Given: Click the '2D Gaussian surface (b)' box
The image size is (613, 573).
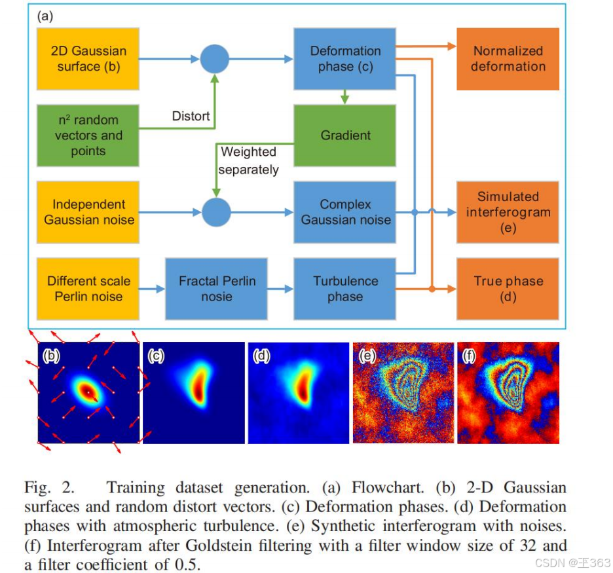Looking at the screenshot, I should (x=88, y=58).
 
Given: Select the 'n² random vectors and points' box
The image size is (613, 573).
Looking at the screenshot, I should (x=88, y=136).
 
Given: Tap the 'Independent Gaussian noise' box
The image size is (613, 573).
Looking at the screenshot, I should (x=88, y=212).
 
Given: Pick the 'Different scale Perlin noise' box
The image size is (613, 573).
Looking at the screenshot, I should (x=88, y=289).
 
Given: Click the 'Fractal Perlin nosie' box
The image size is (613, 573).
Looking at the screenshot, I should (x=217, y=289).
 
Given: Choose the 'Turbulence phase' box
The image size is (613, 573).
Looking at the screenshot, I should (x=345, y=289).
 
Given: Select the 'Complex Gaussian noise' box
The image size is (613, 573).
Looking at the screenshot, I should (x=345, y=212).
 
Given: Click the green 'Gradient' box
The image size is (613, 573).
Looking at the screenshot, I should (x=345, y=136).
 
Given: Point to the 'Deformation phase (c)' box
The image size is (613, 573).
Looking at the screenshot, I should (x=345, y=58).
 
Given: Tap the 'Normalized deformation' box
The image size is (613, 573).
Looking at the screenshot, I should (x=508, y=58).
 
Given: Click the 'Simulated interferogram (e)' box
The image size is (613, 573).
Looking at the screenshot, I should (x=508, y=212).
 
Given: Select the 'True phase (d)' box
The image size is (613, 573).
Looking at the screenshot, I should (x=508, y=289).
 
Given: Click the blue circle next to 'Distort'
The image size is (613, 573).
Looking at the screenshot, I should (x=214, y=59).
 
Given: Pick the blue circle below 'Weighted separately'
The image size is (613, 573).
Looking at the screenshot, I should (x=215, y=212).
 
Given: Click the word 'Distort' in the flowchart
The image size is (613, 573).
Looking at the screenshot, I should (x=191, y=116).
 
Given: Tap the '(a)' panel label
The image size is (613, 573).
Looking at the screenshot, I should (x=46, y=16).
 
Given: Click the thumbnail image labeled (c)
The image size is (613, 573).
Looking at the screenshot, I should (x=193, y=393).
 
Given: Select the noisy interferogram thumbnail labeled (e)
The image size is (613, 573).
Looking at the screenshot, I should (x=403, y=393).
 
